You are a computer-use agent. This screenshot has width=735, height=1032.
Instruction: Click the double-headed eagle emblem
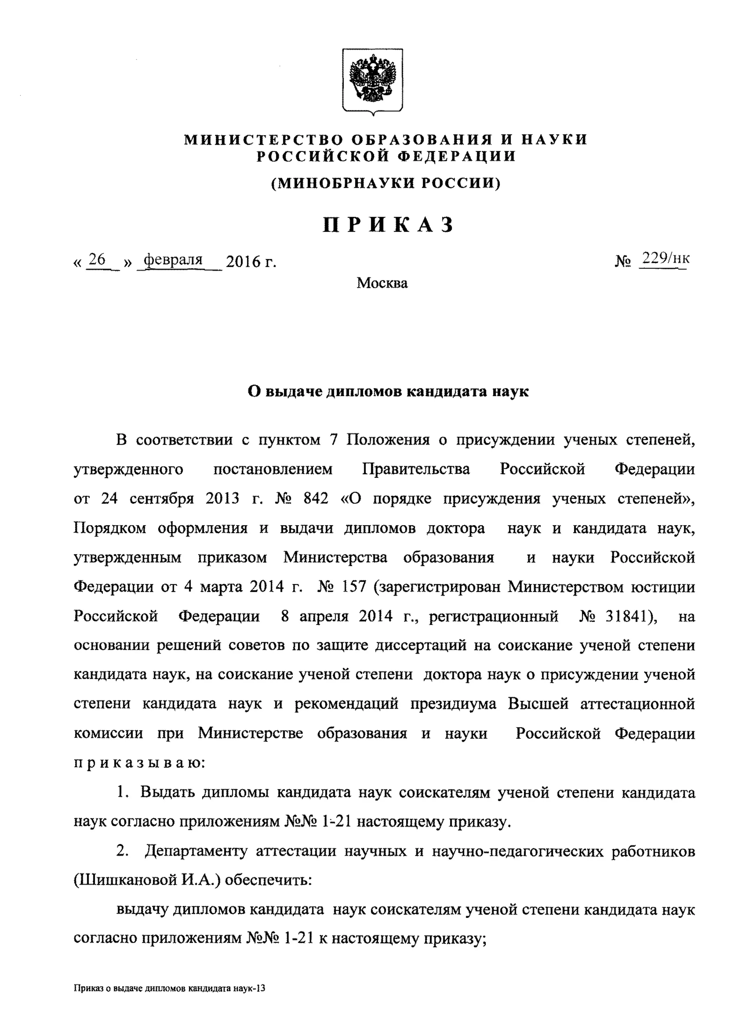click(373, 80)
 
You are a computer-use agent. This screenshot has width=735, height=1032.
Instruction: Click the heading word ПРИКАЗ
click(388, 225)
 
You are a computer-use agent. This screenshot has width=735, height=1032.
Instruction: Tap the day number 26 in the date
click(97, 260)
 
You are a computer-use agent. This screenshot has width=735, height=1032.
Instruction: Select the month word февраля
click(173, 260)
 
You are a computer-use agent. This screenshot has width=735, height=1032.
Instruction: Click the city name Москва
click(382, 283)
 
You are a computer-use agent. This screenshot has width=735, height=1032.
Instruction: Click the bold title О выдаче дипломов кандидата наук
click(388, 391)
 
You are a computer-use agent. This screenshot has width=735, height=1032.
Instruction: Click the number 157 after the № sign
click(352, 587)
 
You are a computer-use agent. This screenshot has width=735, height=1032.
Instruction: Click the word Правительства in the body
click(416, 469)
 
